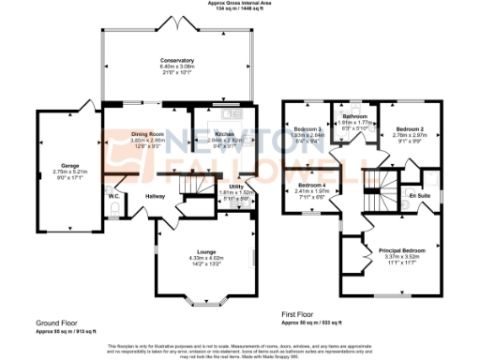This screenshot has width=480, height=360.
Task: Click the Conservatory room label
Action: (x=176, y=60)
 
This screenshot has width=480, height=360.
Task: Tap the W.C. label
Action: (x=112, y=196)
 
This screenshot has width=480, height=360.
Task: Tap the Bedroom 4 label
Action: (x=308, y=187)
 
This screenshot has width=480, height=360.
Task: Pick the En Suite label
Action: (x=418, y=196)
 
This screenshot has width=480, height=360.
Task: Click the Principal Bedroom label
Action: (x=400, y=251)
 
